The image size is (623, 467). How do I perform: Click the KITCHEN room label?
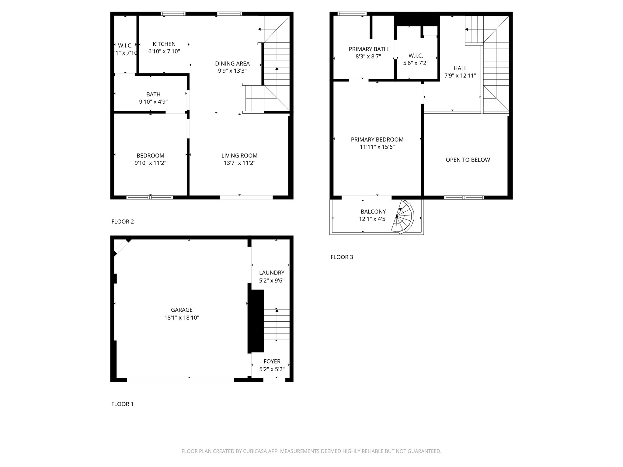coord(164,44)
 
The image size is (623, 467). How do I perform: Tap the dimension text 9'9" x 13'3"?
coord(232,71)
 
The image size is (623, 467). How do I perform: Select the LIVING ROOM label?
coord(239,156)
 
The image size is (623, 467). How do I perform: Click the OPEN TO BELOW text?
coord(468,160)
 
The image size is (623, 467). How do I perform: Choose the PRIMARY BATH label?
coord(368,49)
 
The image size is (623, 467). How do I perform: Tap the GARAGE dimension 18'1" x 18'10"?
coord(182,318)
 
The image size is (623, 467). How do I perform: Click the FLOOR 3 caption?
coord(342,257)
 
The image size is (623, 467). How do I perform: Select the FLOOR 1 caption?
coord(122,404)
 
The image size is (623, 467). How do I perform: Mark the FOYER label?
coord(272,361)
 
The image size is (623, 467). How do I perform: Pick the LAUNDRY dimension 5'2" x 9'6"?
coord(272,281)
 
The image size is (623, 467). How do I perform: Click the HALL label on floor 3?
coord(460,68)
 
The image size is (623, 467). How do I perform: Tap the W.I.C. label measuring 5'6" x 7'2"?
coord(416,56)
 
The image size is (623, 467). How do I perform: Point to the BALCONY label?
coord(373,212)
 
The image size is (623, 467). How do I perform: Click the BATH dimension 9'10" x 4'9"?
coord(153,102)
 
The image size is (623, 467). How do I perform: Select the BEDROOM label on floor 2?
coord(150,156)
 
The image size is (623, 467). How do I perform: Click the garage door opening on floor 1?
coord(180,380)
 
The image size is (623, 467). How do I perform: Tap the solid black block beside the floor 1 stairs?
coord(256,321)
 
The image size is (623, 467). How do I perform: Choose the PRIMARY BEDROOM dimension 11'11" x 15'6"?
coord(377,147)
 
